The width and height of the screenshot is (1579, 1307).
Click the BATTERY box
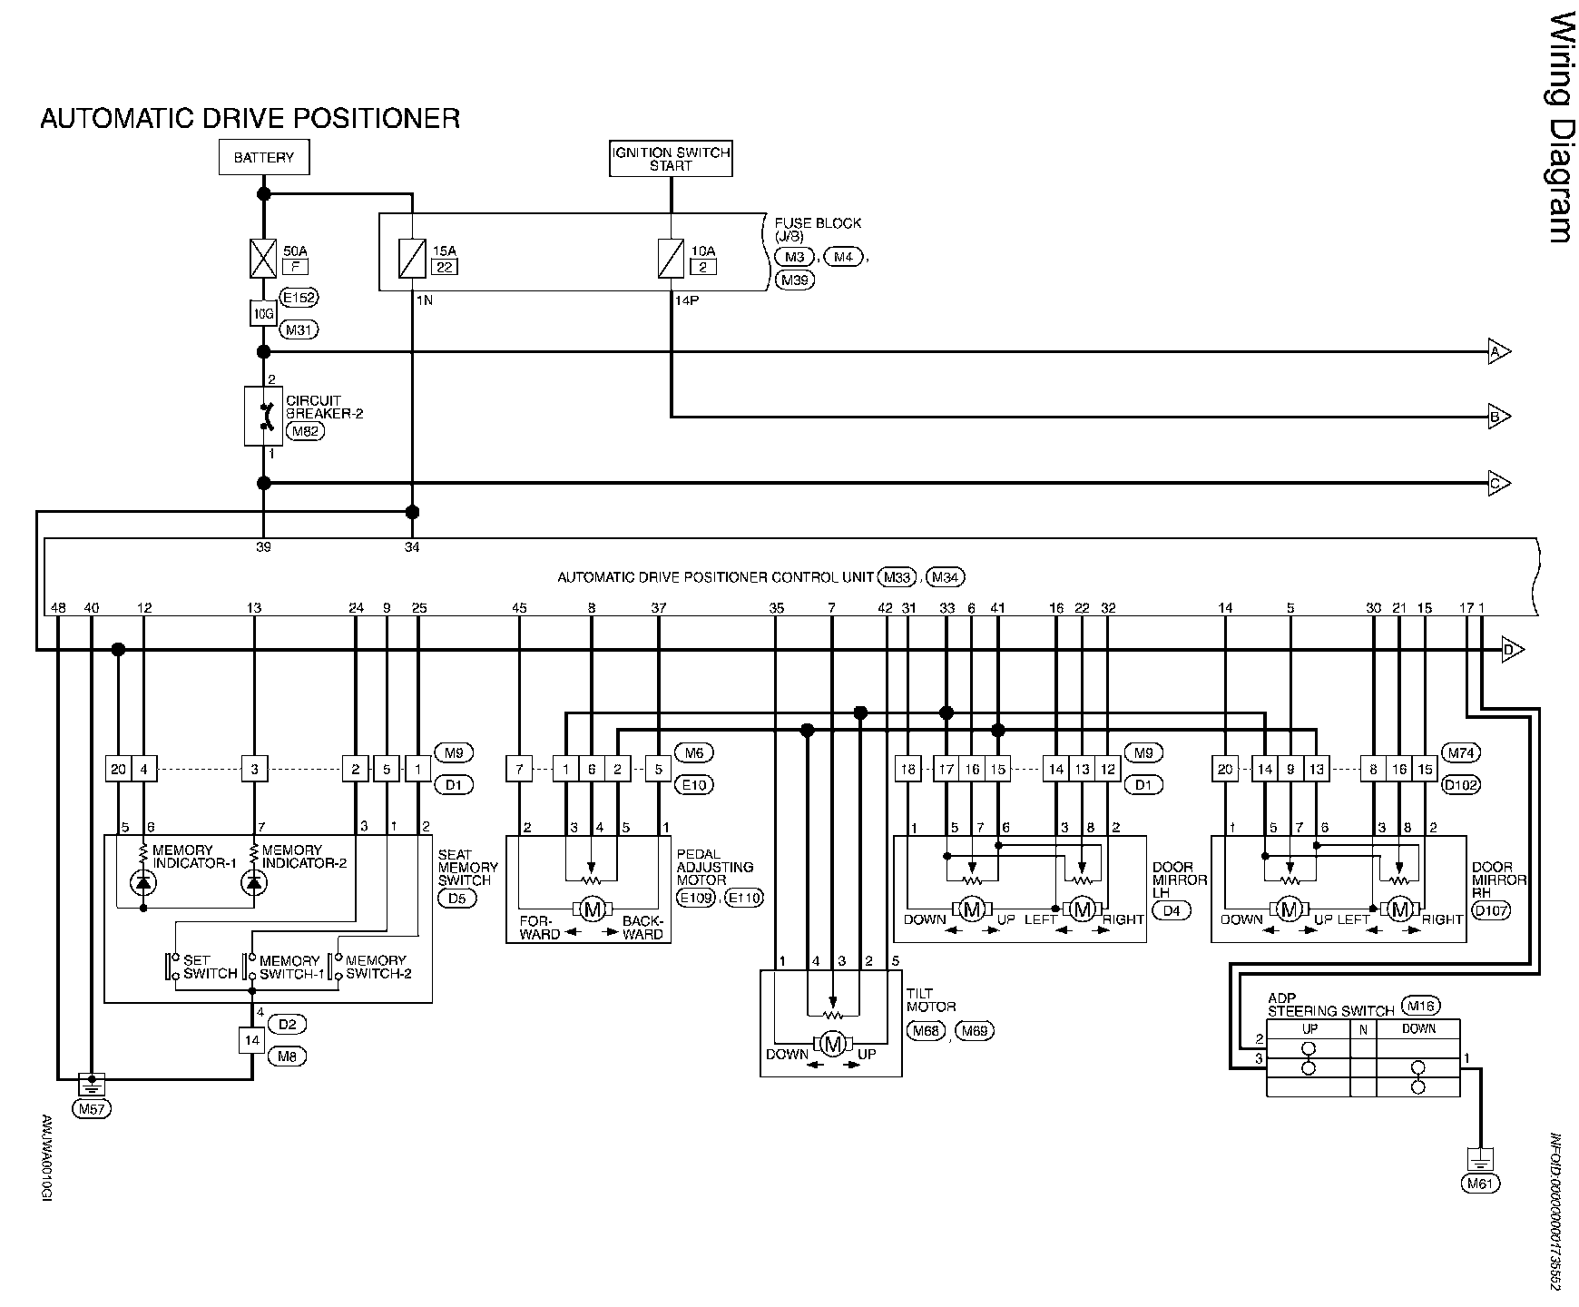pos(263,157)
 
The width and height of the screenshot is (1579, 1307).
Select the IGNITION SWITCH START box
pos(671,159)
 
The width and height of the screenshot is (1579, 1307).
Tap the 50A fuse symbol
pos(263,258)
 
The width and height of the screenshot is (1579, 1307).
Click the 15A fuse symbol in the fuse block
pos(412,258)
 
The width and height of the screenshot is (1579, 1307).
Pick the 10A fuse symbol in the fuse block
pos(671,258)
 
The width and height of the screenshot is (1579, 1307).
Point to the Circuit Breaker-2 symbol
pos(263,416)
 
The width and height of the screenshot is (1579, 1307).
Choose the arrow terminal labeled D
pos(1513,650)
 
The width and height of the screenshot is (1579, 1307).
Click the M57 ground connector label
pos(90,1108)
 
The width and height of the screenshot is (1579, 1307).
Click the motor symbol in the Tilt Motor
pos(831,1044)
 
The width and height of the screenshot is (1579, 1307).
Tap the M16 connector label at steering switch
pos(1420,1006)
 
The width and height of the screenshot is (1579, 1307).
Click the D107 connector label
pos(1491,910)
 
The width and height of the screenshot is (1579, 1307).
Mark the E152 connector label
pos(300,297)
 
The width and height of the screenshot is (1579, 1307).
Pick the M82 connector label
pos(304,431)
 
